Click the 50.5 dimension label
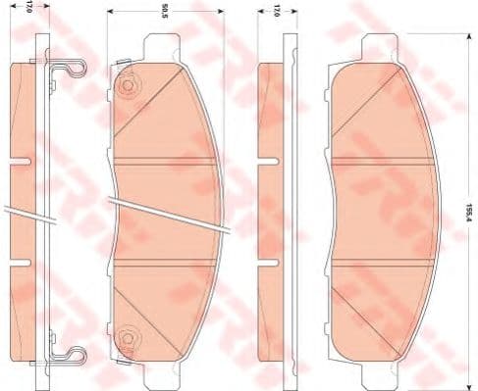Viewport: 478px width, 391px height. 164,12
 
